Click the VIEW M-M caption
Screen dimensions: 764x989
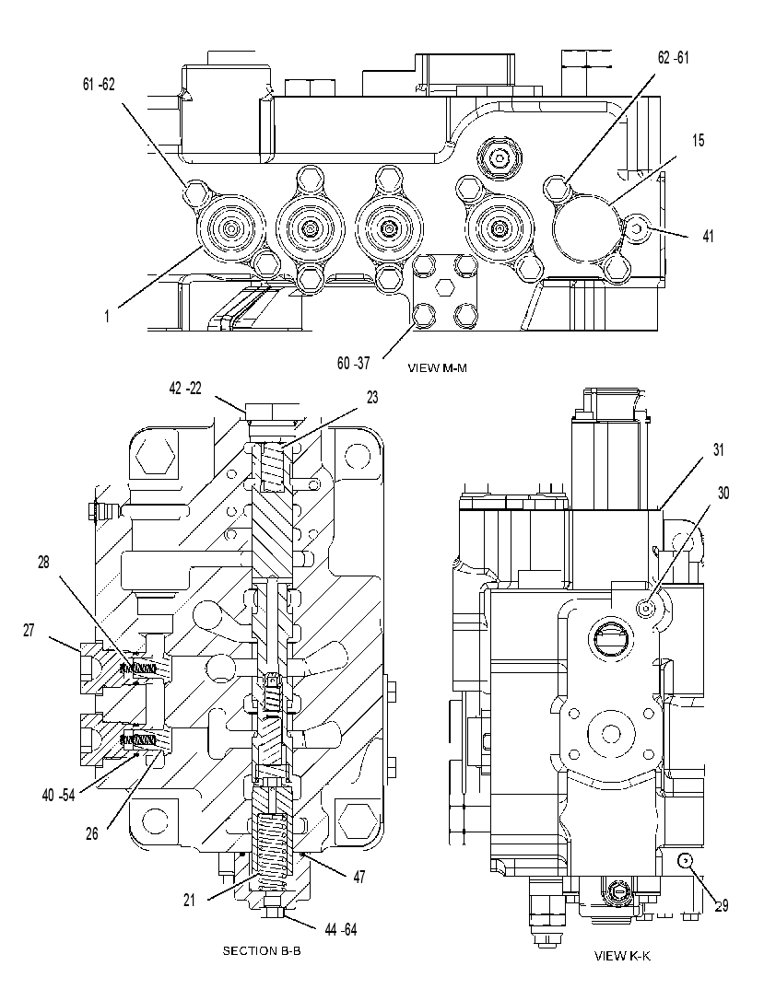pyautogui.click(x=438, y=367)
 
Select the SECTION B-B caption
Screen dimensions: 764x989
pyautogui.click(x=262, y=950)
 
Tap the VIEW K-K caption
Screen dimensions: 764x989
pyautogui.click(x=622, y=956)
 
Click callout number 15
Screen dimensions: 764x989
pyautogui.click(x=698, y=140)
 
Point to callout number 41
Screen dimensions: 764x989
pyautogui.click(x=709, y=236)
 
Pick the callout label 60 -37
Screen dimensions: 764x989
pyautogui.click(x=354, y=363)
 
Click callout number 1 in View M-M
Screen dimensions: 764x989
pyautogui.click(x=107, y=316)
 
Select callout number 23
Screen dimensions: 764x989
pyautogui.click(x=372, y=398)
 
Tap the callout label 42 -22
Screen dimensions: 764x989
pyautogui.click(x=185, y=389)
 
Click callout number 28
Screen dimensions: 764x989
pyautogui.click(x=43, y=562)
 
